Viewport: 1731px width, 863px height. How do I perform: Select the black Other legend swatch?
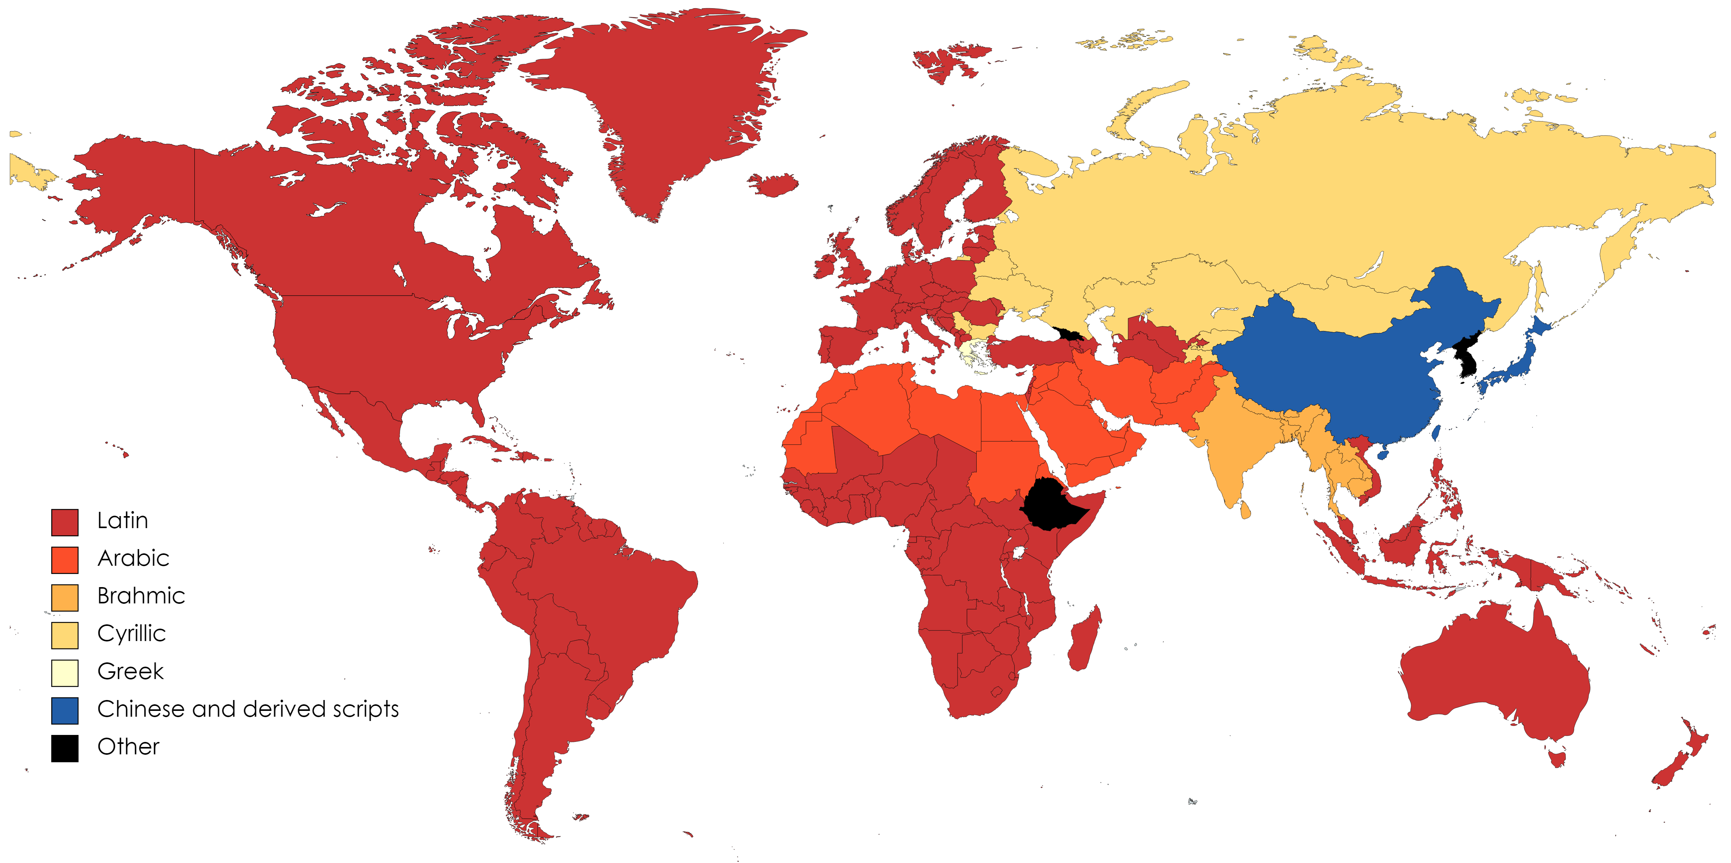pos(64,748)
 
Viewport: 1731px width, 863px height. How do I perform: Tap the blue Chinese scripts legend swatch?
pos(64,711)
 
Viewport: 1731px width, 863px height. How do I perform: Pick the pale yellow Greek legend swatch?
pos(64,673)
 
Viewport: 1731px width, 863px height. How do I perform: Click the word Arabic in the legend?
pos(133,558)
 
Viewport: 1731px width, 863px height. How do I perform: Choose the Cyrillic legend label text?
pos(131,634)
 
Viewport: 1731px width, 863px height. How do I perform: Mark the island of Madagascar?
pos(1084,638)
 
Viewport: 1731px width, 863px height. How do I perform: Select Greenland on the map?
pos(665,101)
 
